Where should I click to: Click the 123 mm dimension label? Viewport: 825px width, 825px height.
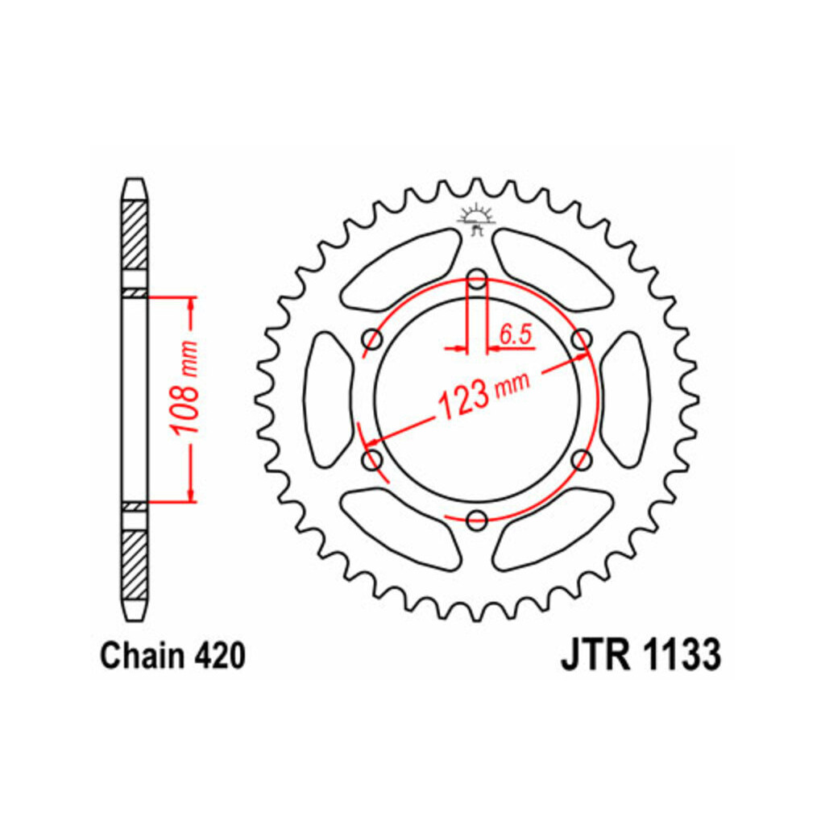click(x=484, y=395)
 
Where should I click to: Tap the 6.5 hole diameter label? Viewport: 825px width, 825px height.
click(x=516, y=334)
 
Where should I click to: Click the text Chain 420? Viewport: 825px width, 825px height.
click(x=172, y=656)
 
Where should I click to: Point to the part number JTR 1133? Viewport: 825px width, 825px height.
click(x=641, y=656)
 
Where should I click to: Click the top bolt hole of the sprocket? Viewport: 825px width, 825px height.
click(x=477, y=278)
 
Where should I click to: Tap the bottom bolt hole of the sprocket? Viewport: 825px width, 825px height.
click(x=477, y=520)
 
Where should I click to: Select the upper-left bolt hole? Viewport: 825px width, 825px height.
click(x=372, y=339)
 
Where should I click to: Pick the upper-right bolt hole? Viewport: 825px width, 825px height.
click(x=582, y=339)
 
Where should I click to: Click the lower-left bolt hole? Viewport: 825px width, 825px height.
click(x=372, y=460)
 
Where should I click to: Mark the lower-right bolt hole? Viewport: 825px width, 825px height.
click(x=582, y=460)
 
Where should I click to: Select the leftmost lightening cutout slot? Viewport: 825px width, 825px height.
click(x=329, y=400)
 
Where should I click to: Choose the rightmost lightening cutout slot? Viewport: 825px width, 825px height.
click(x=625, y=400)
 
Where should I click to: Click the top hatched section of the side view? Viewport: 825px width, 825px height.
click(x=135, y=235)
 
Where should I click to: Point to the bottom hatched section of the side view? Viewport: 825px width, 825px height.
click(x=135, y=565)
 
